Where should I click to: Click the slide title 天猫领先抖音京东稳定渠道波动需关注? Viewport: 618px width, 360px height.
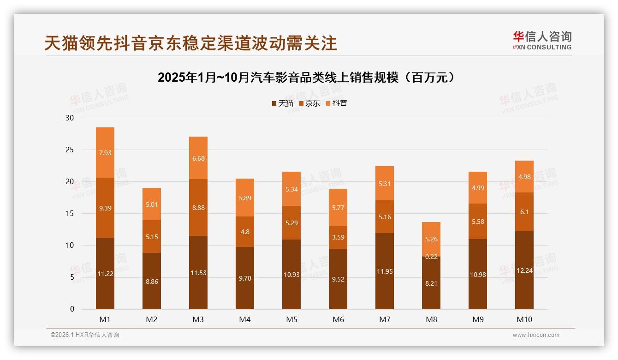[x=190, y=43]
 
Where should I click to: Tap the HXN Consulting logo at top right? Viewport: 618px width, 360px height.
[x=542, y=41]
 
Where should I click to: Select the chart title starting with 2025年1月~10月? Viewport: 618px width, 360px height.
[x=308, y=78]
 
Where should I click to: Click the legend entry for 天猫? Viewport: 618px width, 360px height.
[x=282, y=103]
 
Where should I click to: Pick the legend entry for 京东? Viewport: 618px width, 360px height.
[x=309, y=103]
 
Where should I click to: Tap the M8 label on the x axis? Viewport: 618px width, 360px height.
[x=431, y=319]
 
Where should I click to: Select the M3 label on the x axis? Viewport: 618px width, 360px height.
[x=198, y=319]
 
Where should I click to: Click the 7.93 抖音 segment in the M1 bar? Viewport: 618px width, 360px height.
[x=105, y=153]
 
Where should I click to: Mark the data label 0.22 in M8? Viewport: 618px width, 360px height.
[x=431, y=257]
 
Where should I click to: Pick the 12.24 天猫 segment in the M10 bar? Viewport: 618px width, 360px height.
[x=524, y=270]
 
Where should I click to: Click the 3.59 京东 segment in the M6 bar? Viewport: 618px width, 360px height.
[x=338, y=237]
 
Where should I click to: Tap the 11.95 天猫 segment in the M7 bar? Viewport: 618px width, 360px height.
[x=384, y=271]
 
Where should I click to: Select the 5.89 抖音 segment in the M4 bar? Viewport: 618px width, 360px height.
[x=244, y=198]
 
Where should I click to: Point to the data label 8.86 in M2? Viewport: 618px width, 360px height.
[x=152, y=282]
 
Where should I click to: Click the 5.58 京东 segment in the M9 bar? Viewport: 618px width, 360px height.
[x=477, y=222]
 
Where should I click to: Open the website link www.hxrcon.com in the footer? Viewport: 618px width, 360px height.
[x=536, y=335]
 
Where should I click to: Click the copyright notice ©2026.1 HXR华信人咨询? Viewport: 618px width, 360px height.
[x=85, y=335]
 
